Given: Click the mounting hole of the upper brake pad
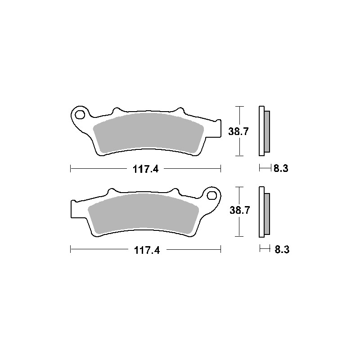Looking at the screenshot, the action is tap(80, 115).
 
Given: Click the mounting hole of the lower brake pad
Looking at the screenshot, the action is tap(211, 195).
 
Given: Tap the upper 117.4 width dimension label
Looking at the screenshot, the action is tap(145, 170).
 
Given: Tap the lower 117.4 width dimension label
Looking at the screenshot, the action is tap(147, 250).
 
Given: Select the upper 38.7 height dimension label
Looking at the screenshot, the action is tap(238, 131).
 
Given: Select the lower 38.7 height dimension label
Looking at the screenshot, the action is tap(239, 210).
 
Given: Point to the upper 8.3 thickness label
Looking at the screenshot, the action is tap(281, 168).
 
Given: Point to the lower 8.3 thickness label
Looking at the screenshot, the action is tap(282, 249).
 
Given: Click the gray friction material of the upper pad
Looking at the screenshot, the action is tap(148, 133).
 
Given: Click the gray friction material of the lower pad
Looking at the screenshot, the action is tap(143, 214).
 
